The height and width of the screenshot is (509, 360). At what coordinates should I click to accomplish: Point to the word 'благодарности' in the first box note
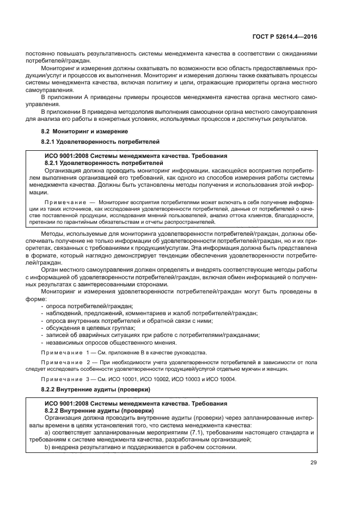coord(275,215)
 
